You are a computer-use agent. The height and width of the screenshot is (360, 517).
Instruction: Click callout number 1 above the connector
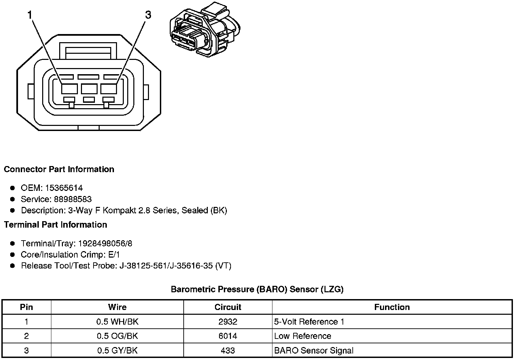pyautogui.click(x=30, y=15)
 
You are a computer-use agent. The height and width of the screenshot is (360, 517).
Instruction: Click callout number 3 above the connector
pyautogui.click(x=148, y=15)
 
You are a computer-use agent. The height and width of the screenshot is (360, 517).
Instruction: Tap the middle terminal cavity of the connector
pyautogui.click(x=89, y=89)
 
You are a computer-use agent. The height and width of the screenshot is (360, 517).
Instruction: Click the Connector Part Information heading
pyautogui.click(x=59, y=169)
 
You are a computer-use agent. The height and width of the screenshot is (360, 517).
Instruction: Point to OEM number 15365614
pyautogui.click(x=64, y=188)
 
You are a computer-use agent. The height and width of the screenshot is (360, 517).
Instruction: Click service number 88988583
pyautogui.click(x=73, y=199)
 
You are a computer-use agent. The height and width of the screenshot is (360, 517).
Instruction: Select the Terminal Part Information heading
pyautogui.click(x=55, y=225)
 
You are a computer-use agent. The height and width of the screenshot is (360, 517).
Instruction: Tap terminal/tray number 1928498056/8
pyautogui.click(x=105, y=243)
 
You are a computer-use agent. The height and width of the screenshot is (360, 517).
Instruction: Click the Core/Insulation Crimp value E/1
pyautogui.click(x=113, y=255)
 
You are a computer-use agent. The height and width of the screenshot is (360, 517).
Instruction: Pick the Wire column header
pyautogui.click(x=117, y=307)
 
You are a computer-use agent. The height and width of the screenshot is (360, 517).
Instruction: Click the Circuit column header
pyautogui.click(x=228, y=307)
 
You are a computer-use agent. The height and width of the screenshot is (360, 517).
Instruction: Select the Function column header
pyautogui.click(x=392, y=307)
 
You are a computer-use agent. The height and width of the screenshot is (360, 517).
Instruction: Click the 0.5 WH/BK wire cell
pyautogui.click(x=117, y=322)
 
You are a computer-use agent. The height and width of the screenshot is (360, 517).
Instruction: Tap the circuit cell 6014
pyautogui.click(x=228, y=336)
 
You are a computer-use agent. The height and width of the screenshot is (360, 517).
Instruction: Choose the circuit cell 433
pyautogui.click(x=228, y=350)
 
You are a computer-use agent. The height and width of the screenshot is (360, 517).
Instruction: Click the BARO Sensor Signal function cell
pyautogui.click(x=314, y=350)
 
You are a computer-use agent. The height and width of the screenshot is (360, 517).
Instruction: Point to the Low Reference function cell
pyautogui.click(x=302, y=336)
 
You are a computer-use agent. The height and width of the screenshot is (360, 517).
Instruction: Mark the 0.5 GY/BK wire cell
pyautogui.click(x=117, y=350)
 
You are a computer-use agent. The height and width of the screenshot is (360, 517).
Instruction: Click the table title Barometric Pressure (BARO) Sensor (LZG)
pyautogui.click(x=257, y=289)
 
